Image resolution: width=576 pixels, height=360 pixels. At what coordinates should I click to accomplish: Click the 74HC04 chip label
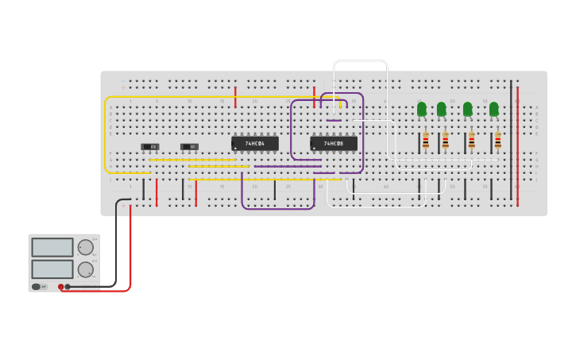255,144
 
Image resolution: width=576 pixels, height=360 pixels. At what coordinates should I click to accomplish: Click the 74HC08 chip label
334,144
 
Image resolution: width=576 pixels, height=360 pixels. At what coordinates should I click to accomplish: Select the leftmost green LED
422,109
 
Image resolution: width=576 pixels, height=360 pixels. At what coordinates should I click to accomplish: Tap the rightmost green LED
493,109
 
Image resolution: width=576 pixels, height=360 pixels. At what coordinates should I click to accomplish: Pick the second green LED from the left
442,109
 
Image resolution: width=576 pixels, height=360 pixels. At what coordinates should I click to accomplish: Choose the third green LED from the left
467,109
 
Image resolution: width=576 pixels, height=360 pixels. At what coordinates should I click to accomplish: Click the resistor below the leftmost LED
426,141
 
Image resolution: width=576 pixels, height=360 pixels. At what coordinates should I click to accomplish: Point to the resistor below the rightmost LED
498,141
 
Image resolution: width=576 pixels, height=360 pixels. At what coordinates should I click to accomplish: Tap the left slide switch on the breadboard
150,146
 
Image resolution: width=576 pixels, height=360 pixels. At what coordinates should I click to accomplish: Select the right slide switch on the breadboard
190,146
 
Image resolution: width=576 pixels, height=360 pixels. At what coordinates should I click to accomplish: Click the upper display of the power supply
52,247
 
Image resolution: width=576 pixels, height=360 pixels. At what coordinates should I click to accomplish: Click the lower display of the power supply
52,269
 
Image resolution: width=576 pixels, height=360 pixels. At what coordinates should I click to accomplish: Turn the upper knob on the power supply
85,247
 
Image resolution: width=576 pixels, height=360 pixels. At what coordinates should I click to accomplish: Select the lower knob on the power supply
85,269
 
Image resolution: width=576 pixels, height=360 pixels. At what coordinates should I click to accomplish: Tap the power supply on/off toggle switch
36,286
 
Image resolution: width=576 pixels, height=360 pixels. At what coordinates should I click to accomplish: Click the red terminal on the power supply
60,286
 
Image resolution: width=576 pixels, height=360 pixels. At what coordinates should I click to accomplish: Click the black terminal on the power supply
68,286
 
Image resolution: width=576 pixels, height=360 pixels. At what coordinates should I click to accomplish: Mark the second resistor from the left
445,141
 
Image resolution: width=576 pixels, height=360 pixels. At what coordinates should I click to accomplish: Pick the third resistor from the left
471,141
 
